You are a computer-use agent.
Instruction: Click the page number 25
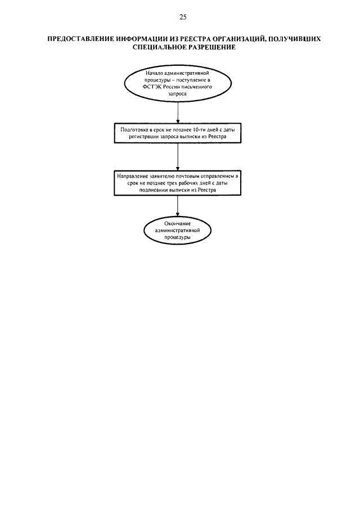(183, 17)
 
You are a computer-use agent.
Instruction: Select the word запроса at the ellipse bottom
(177, 93)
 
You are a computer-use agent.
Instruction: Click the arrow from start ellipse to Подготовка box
(178, 112)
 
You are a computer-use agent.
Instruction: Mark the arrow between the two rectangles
(178, 156)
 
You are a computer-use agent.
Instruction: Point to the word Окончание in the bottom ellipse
(178, 223)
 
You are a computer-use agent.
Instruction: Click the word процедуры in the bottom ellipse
(177, 237)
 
